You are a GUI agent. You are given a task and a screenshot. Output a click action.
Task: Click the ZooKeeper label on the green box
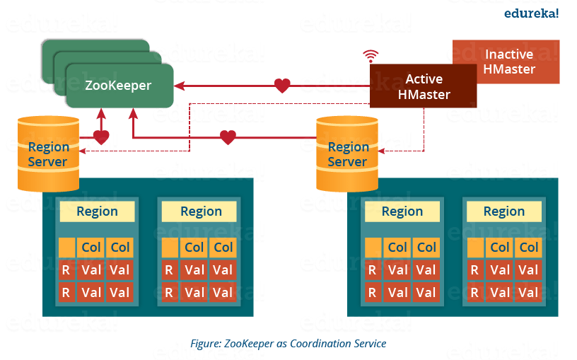coord(118,86)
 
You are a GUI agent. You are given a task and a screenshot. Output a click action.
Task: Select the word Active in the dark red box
coord(424,79)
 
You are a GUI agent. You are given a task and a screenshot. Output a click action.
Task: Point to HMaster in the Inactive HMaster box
coord(510,69)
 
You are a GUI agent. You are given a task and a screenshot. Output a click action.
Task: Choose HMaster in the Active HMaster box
coord(424,94)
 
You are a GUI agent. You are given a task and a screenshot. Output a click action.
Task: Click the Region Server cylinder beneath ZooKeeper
coord(48,154)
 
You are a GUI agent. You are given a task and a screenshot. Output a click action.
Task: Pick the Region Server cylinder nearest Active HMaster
coord(347,154)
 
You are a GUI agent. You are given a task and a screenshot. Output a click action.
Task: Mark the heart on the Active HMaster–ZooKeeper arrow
coord(281,86)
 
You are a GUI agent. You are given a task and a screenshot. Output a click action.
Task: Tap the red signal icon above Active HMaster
coord(368,54)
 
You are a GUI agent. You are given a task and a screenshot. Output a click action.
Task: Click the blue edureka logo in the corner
coord(531,13)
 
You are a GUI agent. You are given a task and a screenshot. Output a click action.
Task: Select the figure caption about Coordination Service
coord(288,344)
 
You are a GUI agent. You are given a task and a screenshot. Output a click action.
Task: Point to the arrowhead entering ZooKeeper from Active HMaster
coord(180,86)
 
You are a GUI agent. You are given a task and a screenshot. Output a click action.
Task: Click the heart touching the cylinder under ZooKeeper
coord(101,137)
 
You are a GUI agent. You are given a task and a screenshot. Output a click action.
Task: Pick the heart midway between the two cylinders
coord(227,137)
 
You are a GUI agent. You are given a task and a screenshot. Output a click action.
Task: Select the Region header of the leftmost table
coord(97,211)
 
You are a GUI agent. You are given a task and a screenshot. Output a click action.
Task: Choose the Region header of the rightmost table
coord(503,211)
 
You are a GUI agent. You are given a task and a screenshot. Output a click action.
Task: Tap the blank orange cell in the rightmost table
coord(475,248)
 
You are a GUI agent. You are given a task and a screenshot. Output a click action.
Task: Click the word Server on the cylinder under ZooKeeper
coord(48,162)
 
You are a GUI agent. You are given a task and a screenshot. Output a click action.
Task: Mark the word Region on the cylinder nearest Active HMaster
coord(348,147)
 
